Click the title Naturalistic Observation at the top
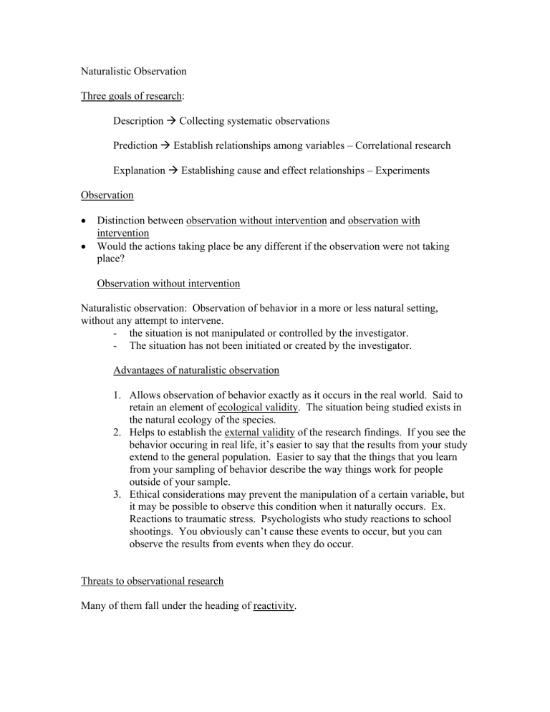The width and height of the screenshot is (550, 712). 133,72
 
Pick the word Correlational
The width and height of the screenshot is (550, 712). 387,145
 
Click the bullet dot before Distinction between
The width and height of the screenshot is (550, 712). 85,220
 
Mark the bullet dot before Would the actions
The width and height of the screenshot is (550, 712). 85,246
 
